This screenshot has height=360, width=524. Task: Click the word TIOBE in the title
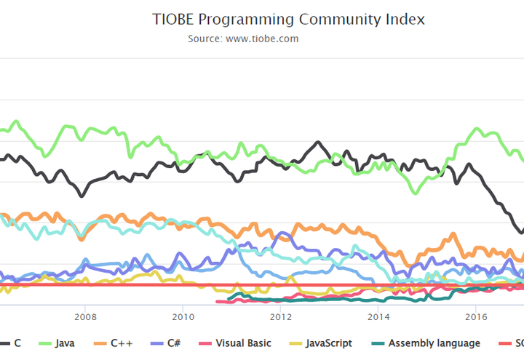[x=174, y=20]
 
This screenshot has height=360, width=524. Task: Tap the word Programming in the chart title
[x=248, y=20]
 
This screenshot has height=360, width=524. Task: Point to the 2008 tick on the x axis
[x=86, y=317]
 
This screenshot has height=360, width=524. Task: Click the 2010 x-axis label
[x=183, y=317]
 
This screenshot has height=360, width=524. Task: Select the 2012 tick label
[x=281, y=317]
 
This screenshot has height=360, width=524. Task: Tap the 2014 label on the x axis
[x=378, y=317]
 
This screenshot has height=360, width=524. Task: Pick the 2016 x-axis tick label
[x=476, y=317]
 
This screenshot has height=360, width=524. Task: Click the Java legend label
[x=67, y=343]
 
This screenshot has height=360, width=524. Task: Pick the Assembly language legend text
[x=434, y=343]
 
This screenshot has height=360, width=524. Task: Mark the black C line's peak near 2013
[x=317, y=143]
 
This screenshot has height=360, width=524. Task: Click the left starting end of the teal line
[x=229, y=298]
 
